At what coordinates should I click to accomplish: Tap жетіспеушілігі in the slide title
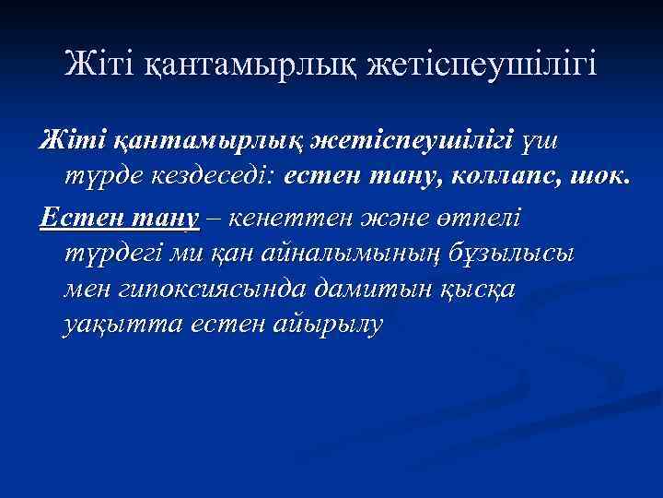point(482,65)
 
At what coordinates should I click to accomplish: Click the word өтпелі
point(473,219)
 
